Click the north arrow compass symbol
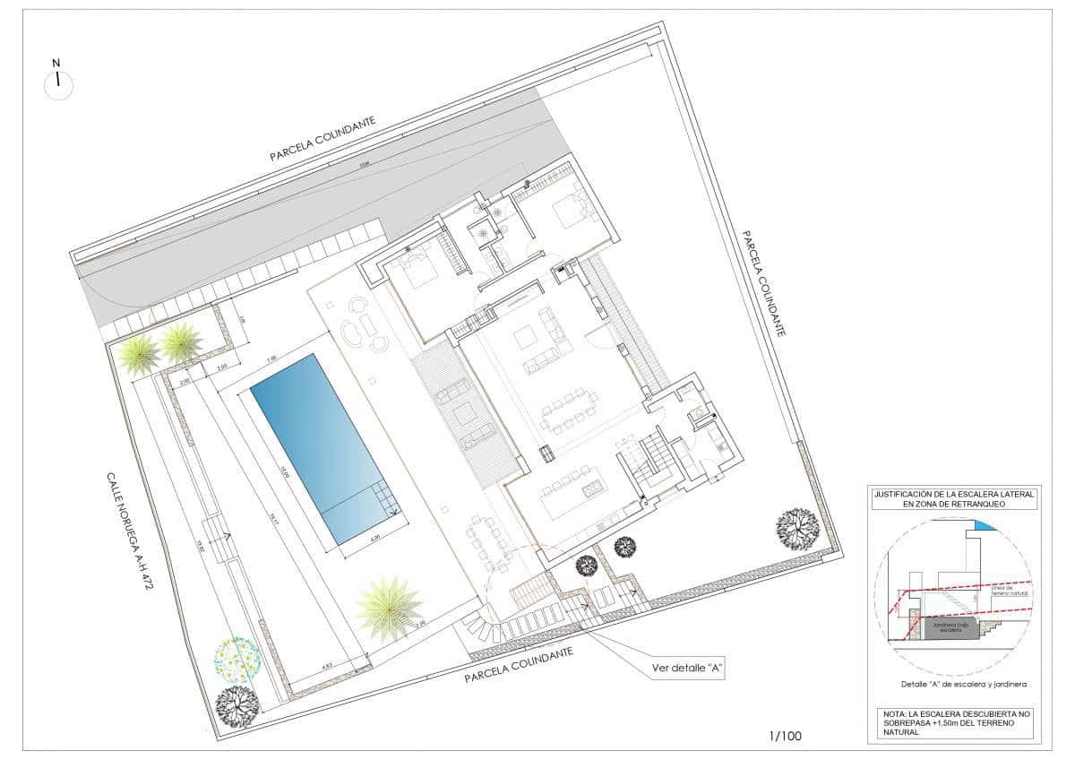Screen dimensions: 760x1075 click(x=58, y=83)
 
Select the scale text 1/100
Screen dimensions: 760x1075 click(x=785, y=737)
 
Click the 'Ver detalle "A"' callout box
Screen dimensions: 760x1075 click(x=686, y=668)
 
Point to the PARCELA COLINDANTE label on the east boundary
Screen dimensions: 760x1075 click(x=764, y=282)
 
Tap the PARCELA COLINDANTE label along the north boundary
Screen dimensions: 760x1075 click(x=322, y=139)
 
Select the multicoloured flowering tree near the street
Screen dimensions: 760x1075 click(x=237, y=661)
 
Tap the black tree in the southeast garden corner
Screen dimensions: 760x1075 click(x=796, y=528)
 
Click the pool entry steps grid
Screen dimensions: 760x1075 click(x=386, y=497)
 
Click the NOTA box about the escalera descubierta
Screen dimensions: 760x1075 click(x=953, y=722)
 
